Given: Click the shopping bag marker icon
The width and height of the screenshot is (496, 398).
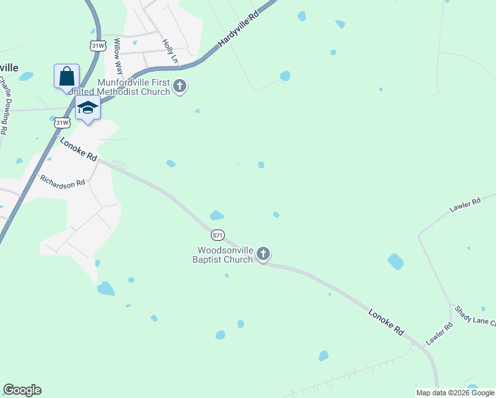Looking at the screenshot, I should [x=66, y=76].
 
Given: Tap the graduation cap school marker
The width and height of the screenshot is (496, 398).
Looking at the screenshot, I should [x=87, y=107].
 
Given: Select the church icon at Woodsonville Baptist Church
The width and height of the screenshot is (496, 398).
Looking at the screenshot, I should [x=263, y=254].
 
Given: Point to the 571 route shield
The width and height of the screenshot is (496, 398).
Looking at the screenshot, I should [x=218, y=235].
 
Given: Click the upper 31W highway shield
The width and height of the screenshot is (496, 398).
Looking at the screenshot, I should [x=98, y=45].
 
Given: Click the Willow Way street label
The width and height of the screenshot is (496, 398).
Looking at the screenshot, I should [x=119, y=56].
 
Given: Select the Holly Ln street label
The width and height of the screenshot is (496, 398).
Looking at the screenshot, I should [x=170, y=51].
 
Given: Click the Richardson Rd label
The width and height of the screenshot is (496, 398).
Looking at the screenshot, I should [x=63, y=180].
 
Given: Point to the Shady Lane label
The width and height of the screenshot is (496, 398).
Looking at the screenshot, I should [x=475, y=316].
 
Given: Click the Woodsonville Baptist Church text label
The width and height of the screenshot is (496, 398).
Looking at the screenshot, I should [x=225, y=255].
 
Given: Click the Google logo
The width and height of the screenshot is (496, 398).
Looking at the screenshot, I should [x=22, y=390].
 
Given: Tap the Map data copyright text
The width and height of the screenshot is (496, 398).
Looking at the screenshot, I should [x=455, y=393].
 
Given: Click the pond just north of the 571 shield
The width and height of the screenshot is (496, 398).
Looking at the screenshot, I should [x=217, y=216].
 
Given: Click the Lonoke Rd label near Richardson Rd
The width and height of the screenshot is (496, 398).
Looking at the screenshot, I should [x=79, y=150].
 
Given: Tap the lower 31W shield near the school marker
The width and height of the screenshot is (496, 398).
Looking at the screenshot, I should [x=62, y=123].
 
